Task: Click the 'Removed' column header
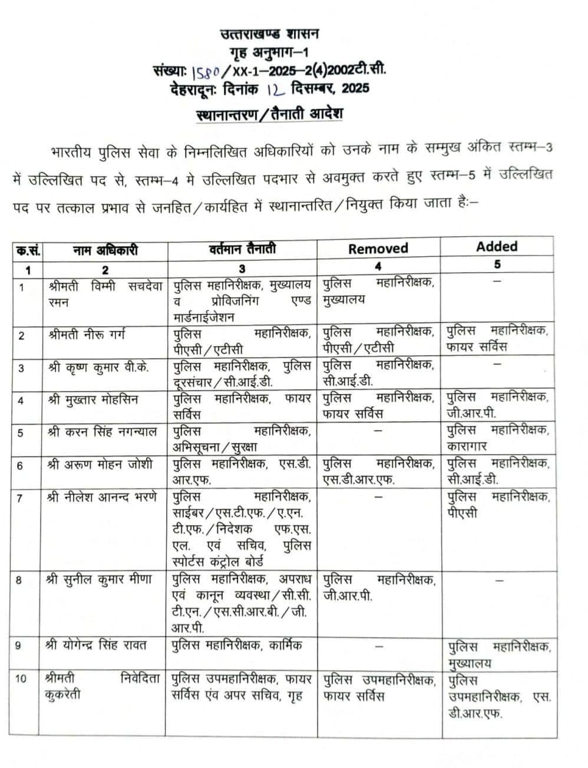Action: (378, 248)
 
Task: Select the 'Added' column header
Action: (497, 246)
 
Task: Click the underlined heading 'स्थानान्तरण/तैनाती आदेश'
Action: (269, 113)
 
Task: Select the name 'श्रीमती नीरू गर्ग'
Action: (87, 335)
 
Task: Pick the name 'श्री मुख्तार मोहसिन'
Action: (93, 399)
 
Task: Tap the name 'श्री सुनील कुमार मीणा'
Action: (98, 580)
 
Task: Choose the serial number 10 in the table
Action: (21, 678)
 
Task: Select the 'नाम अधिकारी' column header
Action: (105, 250)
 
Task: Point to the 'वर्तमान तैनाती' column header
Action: (242, 249)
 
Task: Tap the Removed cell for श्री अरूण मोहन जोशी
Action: (378, 471)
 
